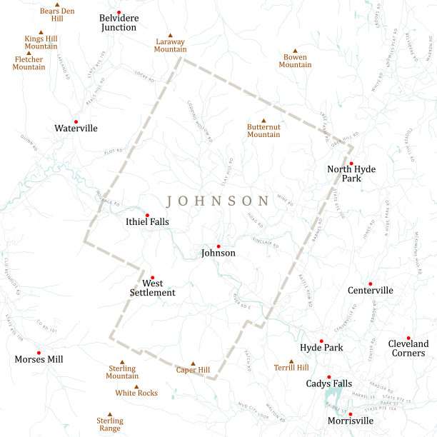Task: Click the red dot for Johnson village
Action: (x=218, y=246)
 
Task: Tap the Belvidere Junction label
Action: (x=119, y=22)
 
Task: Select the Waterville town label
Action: (x=76, y=129)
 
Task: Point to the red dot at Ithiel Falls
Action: (x=147, y=215)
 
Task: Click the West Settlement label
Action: (x=152, y=288)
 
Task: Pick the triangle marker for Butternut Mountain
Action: (x=263, y=121)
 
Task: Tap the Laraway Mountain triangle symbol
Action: (x=171, y=36)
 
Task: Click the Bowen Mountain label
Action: (x=295, y=61)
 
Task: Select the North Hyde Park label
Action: (x=351, y=174)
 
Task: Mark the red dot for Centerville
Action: (x=370, y=283)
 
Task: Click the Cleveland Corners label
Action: (x=408, y=348)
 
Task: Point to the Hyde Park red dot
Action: (x=321, y=341)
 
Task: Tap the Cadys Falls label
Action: (x=328, y=383)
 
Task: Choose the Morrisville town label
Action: (x=350, y=421)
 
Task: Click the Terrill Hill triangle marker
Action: (x=291, y=361)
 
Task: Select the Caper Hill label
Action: (x=193, y=370)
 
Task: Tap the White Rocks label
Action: (x=136, y=393)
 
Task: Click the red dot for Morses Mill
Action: (x=39, y=353)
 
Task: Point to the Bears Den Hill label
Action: (x=57, y=14)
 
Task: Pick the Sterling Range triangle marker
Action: (x=110, y=413)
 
